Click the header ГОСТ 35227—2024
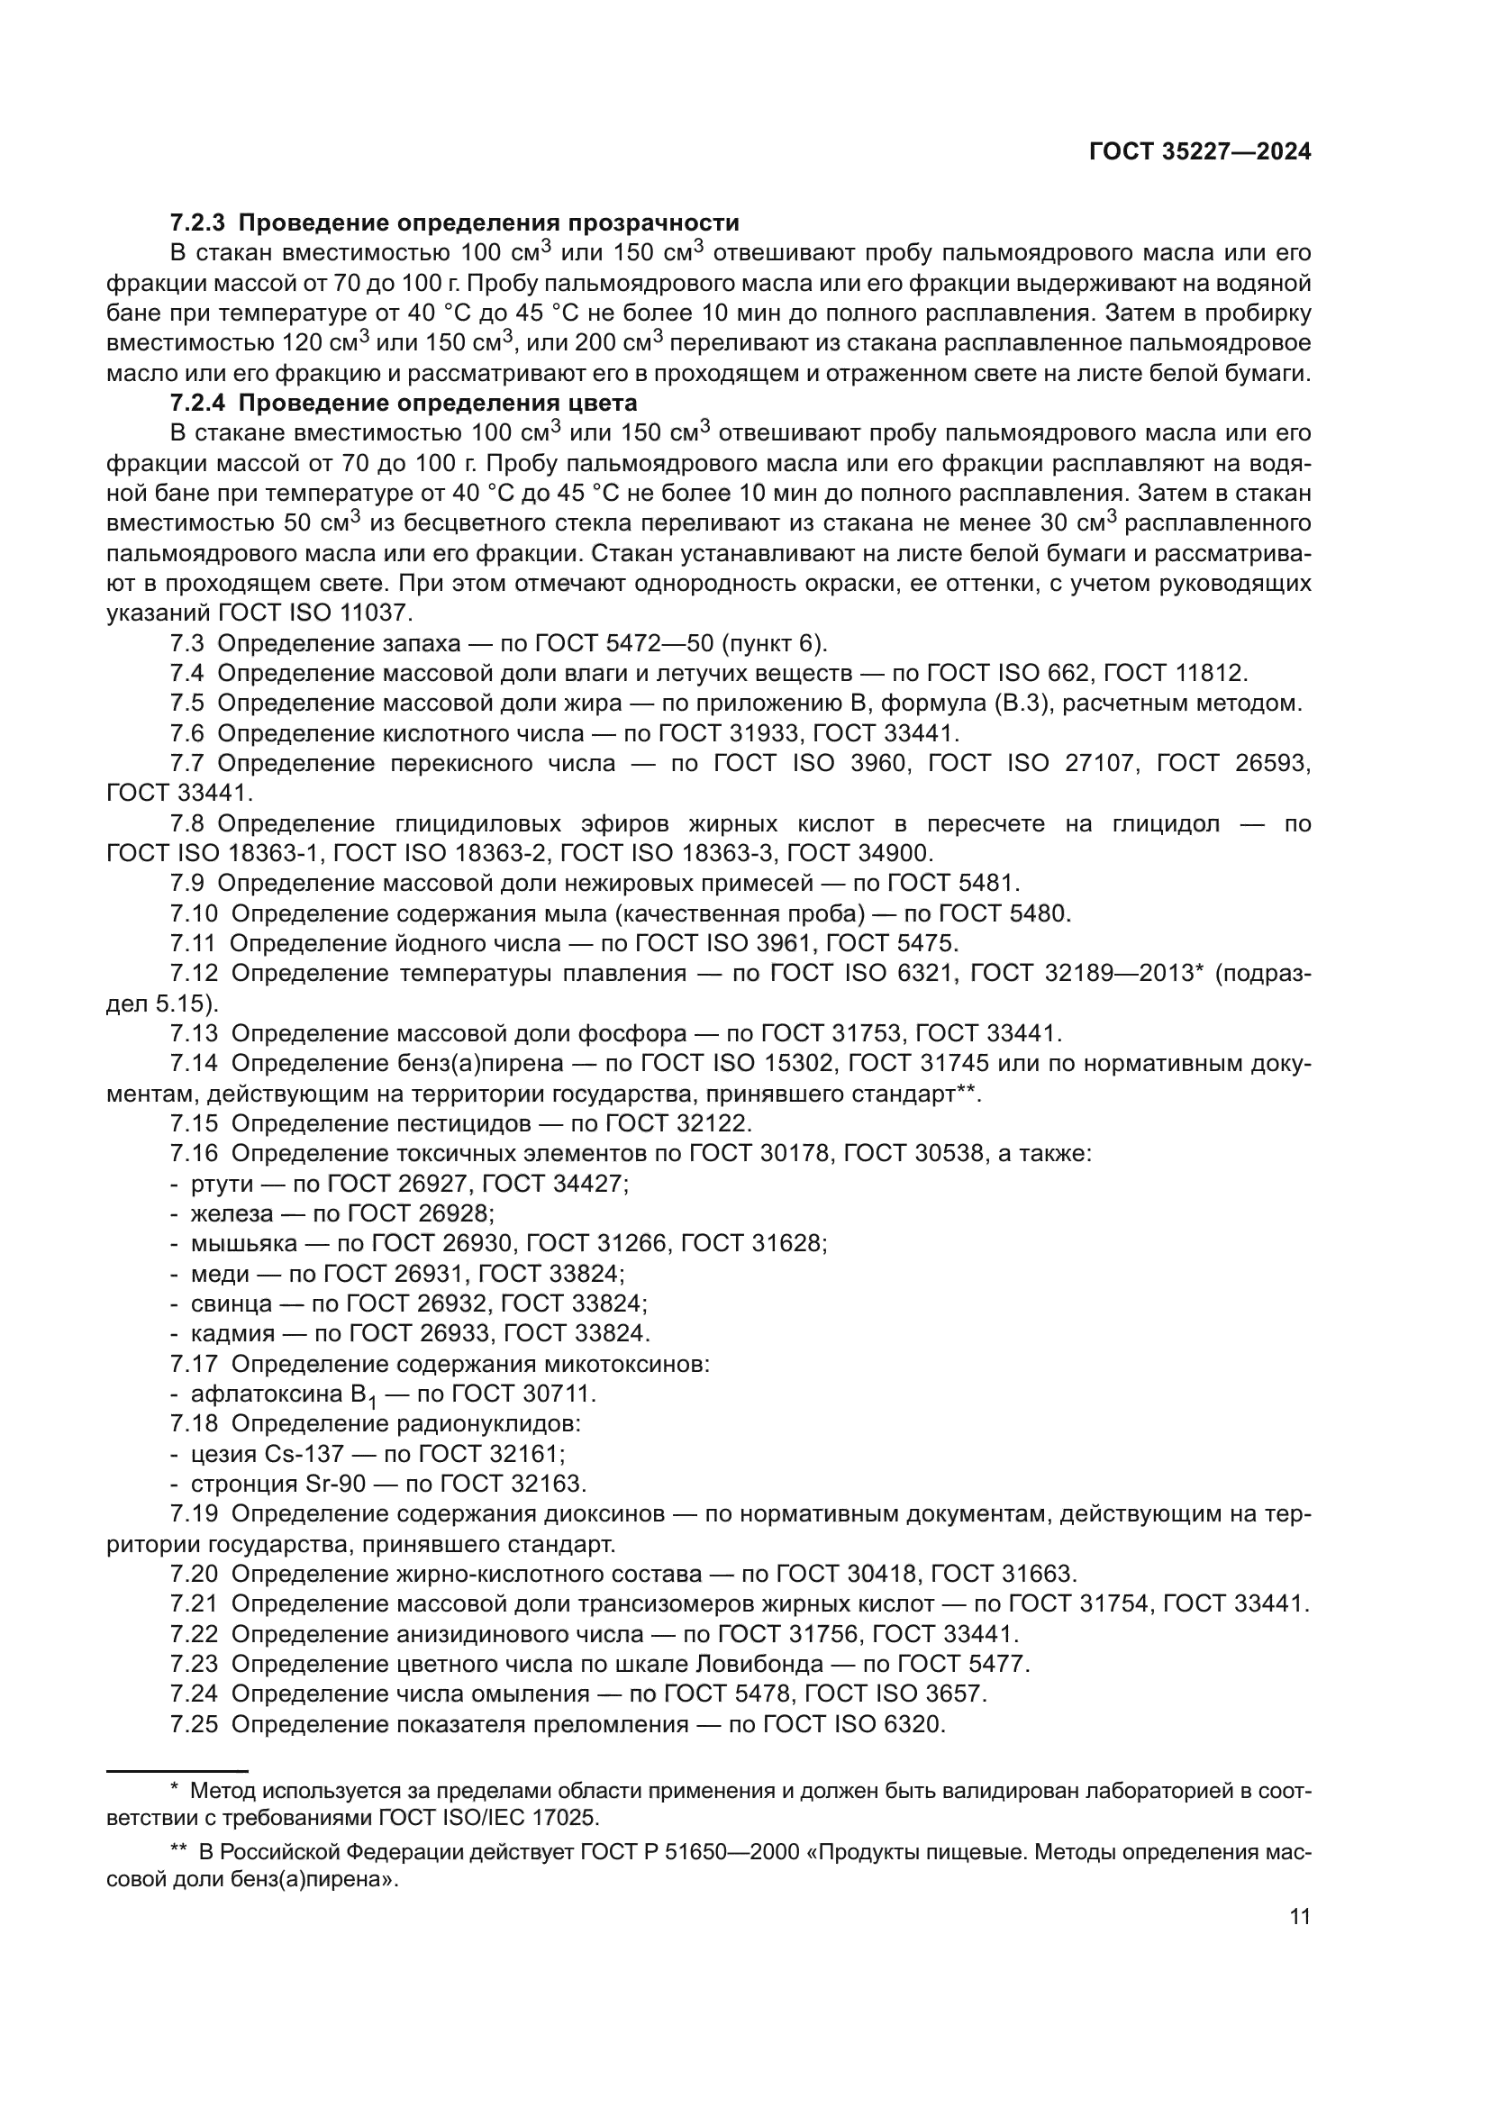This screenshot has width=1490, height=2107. pos(1199,152)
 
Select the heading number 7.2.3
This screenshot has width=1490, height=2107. pos(197,223)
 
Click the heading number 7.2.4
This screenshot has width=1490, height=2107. pos(197,403)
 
